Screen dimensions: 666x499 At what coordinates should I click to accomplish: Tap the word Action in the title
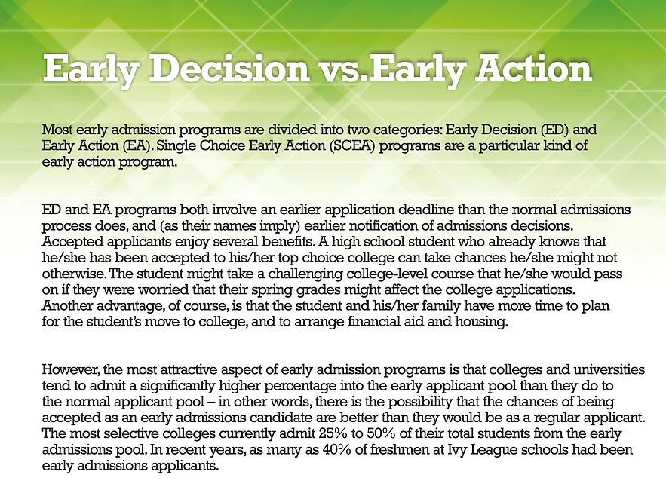coord(533,68)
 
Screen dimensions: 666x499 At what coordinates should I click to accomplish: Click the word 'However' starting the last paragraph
coord(70,369)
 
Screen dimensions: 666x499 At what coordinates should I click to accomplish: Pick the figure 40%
coord(337,450)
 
